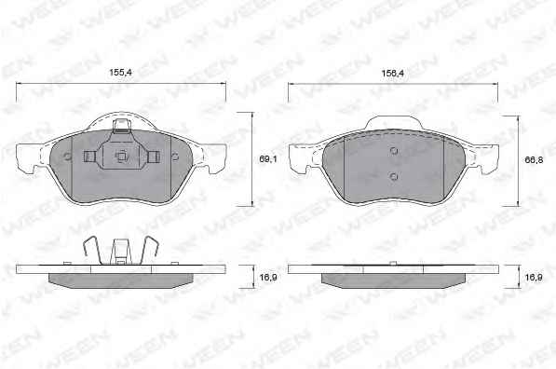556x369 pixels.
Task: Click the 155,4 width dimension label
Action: click(120, 73)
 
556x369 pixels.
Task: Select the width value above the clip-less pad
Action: click(392, 74)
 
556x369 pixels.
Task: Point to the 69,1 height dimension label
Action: click(267, 159)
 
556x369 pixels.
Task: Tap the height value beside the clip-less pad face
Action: click(534, 160)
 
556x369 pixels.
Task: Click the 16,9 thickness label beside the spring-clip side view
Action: click(268, 277)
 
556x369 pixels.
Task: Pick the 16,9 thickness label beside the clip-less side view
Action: click(534, 277)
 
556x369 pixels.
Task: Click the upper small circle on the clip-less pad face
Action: click(394, 151)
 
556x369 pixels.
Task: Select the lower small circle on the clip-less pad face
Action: click(393, 176)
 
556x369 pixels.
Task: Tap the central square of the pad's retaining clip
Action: click(121, 157)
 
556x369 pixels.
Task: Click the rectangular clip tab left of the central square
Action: click(89, 157)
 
